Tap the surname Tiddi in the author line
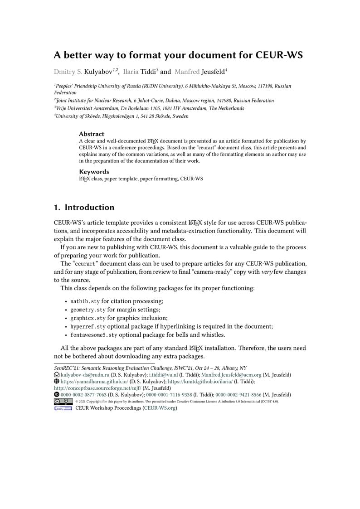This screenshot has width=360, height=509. coord(146,72)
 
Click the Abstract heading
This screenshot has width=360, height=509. coord(92,134)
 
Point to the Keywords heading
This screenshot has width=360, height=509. coord(94,172)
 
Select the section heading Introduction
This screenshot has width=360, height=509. coord(89,208)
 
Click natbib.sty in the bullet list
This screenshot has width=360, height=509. coord(85,301)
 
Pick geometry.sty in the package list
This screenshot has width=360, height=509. coord(88,310)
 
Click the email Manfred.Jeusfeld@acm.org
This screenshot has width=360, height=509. coord(234,375)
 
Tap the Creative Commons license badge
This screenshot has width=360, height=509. coord(63,402)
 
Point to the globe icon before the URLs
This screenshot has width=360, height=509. coord(57,382)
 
